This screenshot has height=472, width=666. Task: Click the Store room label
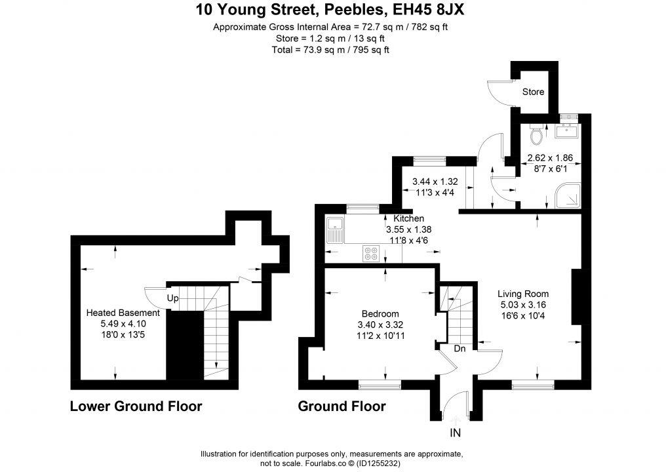click(533, 92)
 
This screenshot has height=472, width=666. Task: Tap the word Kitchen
click(408, 218)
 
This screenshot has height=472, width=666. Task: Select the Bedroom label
click(380, 314)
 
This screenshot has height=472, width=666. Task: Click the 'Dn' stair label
click(460, 349)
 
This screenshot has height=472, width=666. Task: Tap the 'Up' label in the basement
click(172, 298)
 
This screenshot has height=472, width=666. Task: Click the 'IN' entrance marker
click(456, 433)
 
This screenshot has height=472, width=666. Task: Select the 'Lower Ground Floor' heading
click(136, 406)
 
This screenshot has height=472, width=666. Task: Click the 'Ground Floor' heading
click(342, 406)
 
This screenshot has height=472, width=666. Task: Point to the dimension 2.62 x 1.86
click(550, 158)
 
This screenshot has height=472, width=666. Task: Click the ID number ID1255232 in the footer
click(376, 463)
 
